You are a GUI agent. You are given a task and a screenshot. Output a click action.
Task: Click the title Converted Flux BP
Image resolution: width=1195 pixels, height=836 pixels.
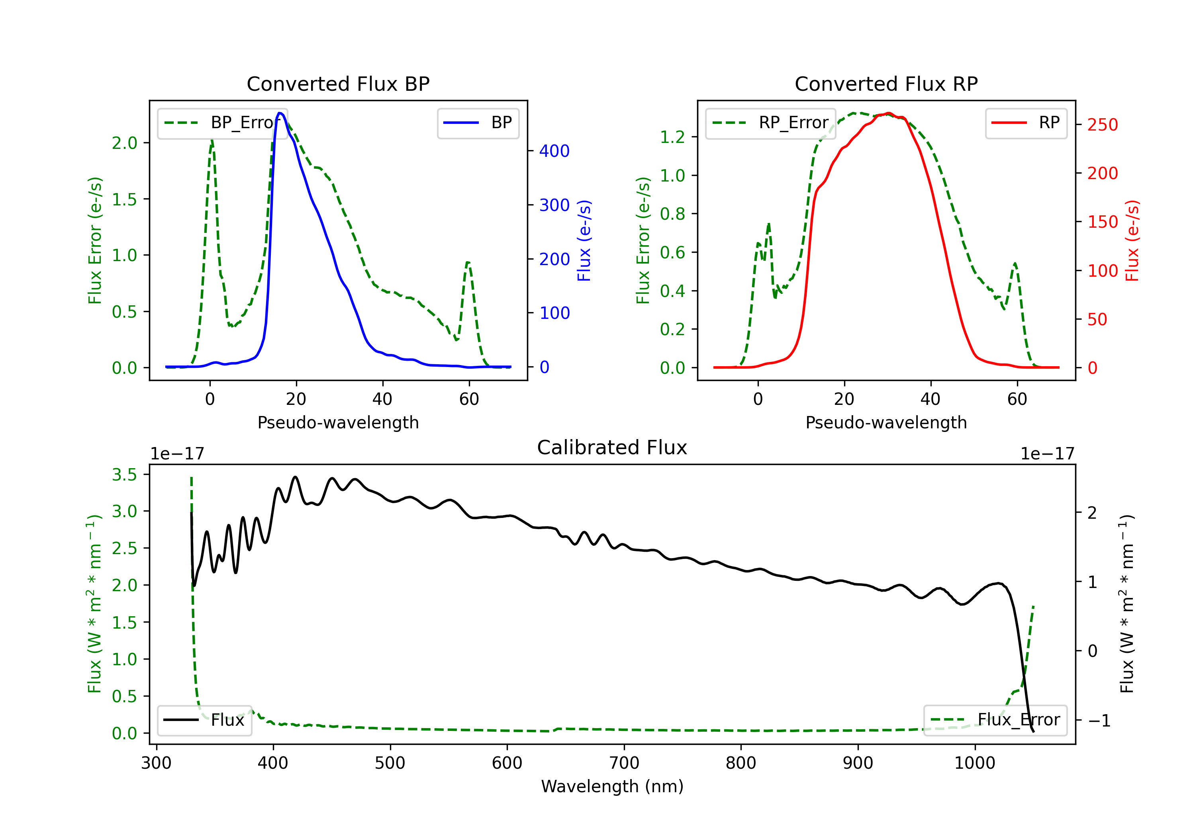point(338,84)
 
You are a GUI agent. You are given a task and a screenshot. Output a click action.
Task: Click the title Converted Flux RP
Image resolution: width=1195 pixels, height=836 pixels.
point(886,84)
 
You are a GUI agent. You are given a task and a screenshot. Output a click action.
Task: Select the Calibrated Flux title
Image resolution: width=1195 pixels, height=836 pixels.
point(612,447)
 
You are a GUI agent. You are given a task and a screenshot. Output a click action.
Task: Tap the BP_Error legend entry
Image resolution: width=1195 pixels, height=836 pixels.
point(222,123)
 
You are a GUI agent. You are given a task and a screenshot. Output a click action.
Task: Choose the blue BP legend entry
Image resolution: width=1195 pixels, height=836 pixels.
point(478,123)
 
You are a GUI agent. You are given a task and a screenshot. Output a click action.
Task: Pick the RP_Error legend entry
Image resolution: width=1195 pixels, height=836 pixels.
point(770,123)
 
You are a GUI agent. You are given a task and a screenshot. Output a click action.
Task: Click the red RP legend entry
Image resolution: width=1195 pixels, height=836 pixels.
point(1026,123)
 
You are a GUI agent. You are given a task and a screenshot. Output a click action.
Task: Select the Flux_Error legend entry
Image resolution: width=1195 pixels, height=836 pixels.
point(995,720)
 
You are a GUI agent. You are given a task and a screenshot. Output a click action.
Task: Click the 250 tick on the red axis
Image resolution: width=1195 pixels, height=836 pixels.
point(1102,125)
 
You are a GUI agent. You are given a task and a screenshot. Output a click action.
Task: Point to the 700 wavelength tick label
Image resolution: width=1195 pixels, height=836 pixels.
point(624,763)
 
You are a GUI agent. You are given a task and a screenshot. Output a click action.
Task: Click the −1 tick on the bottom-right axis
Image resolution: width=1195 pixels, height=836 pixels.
point(1099,721)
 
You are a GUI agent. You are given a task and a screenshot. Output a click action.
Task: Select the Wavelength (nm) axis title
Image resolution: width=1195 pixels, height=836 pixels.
point(612,787)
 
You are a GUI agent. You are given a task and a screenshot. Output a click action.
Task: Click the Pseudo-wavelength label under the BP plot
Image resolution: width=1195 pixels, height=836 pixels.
point(338,422)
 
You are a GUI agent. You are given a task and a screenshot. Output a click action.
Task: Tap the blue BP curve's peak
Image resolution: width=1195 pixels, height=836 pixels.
point(280,113)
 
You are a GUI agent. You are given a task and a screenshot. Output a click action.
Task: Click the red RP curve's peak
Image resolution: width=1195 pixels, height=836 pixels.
point(888,113)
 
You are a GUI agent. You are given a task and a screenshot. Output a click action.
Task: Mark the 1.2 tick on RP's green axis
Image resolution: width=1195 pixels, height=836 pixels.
point(672,137)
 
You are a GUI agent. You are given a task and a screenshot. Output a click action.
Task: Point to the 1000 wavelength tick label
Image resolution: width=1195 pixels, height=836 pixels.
point(975,763)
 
